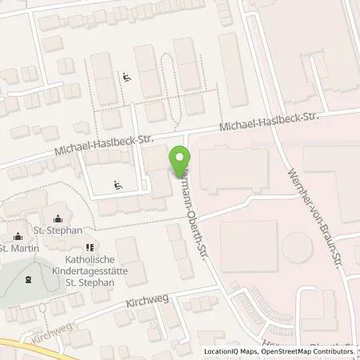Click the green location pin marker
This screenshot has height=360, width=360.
click(x=178, y=162)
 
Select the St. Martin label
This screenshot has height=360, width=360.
click(x=17, y=247)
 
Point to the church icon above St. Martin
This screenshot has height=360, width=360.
click(x=17, y=236)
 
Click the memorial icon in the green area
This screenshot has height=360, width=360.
click(x=28, y=280)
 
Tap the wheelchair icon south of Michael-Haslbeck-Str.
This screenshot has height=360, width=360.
click(x=118, y=185)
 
